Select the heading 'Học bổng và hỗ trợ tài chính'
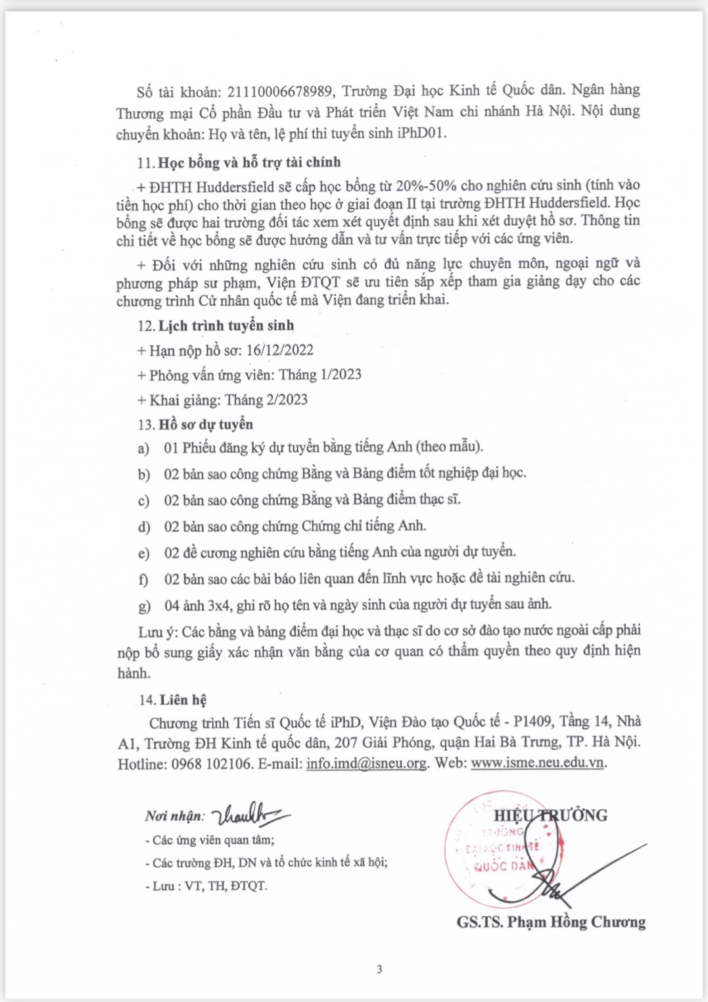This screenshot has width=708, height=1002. (x=249, y=162)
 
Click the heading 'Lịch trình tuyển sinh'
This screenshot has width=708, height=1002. (x=226, y=325)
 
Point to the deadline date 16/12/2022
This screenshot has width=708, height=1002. (x=279, y=350)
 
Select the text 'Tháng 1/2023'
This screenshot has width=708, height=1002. (x=320, y=375)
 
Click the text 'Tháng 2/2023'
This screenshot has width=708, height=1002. (x=266, y=400)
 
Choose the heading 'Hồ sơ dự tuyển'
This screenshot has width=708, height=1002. (x=206, y=424)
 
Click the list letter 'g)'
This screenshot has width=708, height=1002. (x=144, y=606)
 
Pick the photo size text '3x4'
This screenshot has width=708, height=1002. (x=220, y=604)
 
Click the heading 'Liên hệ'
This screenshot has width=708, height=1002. (x=183, y=700)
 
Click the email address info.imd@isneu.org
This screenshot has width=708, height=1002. (x=366, y=764)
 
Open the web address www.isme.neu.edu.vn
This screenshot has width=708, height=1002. (x=537, y=763)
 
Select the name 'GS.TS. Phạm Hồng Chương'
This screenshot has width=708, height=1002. (x=551, y=922)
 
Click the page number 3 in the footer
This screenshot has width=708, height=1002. (x=379, y=969)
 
